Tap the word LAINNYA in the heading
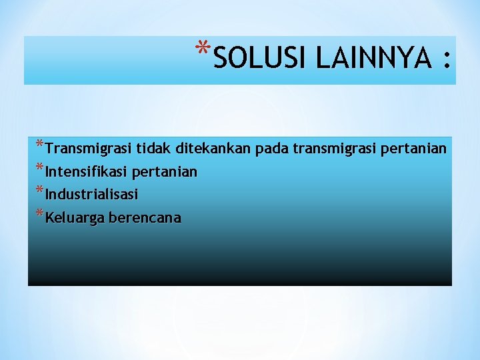click(x=374, y=59)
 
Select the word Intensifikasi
click(x=87, y=172)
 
